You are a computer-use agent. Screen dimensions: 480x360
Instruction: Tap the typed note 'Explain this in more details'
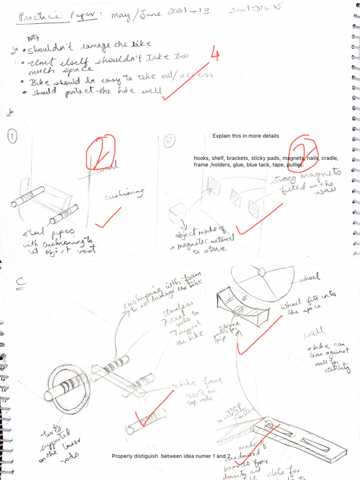click(x=246, y=136)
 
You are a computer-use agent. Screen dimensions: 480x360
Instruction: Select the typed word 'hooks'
click(x=202, y=158)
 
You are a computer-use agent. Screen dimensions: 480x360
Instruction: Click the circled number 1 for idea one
click(x=12, y=137)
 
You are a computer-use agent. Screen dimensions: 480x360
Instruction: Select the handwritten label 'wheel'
click(x=309, y=279)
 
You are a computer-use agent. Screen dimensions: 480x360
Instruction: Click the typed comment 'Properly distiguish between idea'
click(x=171, y=456)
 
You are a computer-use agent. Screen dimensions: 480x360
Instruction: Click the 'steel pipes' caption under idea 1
click(x=56, y=241)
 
